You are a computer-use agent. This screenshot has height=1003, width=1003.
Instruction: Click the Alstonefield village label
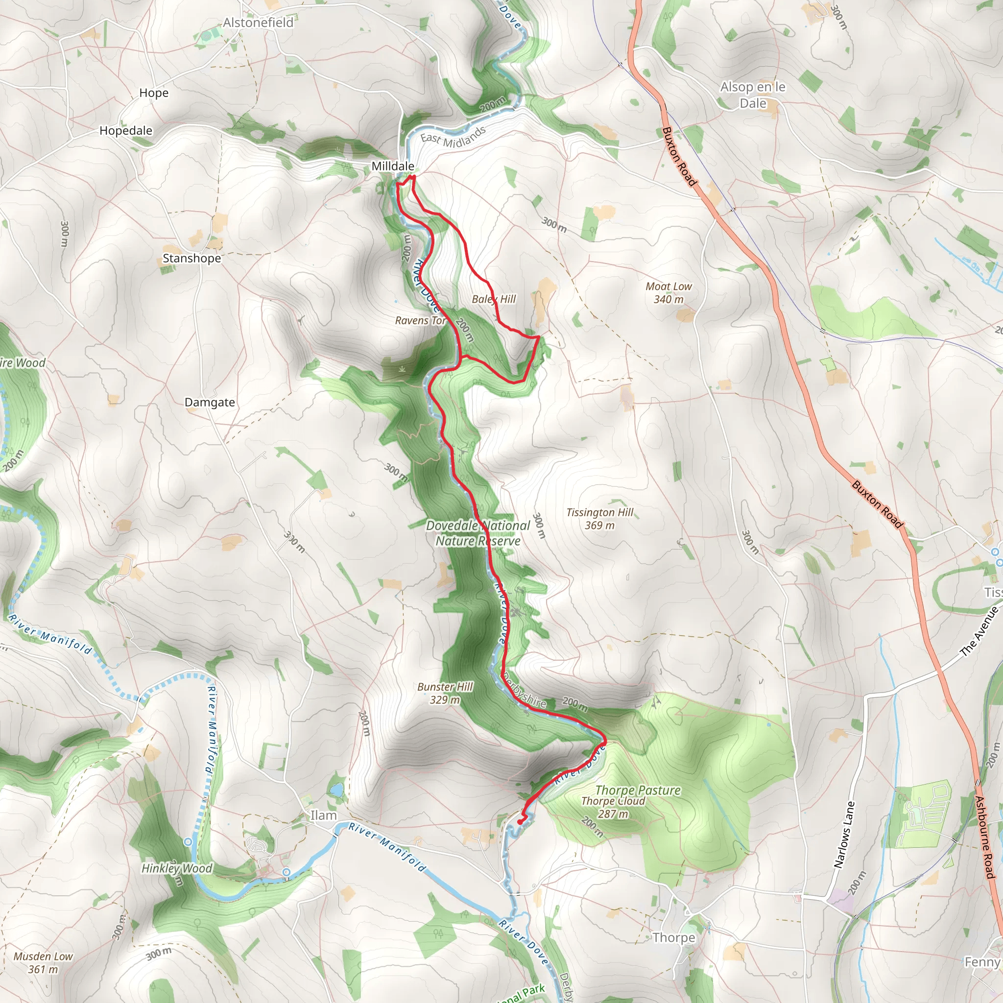click(x=258, y=23)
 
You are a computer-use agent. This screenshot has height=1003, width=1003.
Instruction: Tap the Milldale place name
click(x=392, y=166)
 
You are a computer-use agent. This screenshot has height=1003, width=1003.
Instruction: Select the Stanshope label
click(x=191, y=258)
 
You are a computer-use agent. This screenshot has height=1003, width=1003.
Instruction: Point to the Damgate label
click(x=210, y=403)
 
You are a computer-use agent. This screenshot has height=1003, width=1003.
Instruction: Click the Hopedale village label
click(x=126, y=131)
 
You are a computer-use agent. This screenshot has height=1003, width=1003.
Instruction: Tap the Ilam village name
click(x=323, y=815)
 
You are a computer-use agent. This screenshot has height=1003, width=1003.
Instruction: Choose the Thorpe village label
click(x=673, y=937)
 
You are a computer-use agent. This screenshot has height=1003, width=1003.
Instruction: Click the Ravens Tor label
click(x=420, y=321)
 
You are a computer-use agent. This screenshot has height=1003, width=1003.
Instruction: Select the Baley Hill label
click(x=494, y=299)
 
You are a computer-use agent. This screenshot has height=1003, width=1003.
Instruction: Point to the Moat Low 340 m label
click(x=668, y=293)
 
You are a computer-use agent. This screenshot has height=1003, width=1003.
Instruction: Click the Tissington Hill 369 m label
click(x=599, y=519)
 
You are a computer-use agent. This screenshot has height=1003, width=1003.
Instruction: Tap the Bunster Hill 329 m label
click(x=445, y=693)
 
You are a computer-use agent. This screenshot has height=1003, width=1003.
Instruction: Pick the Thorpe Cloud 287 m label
click(x=613, y=807)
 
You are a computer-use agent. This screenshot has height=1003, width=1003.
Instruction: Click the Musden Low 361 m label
click(x=43, y=962)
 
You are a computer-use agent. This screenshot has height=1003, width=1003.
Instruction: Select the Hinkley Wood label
click(x=176, y=868)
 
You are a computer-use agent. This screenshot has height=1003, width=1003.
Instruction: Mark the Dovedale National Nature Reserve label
click(x=478, y=533)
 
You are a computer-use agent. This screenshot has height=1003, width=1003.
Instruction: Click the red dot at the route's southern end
click(x=520, y=822)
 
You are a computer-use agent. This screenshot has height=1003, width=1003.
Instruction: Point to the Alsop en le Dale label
click(x=752, y=95)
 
